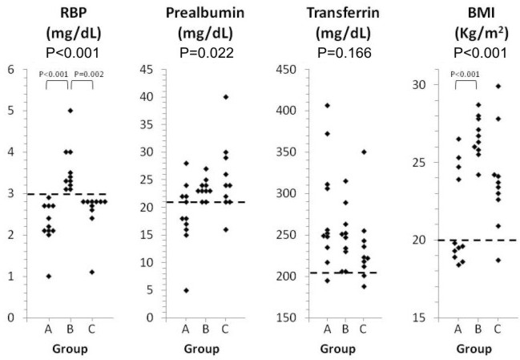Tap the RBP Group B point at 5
click(70, 111)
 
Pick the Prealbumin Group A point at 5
click(186, 290)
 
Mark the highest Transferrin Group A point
click(327, 105)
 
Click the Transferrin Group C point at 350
click(365, 152)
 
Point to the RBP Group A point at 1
click(48, 276)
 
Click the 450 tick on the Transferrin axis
click(296, 69)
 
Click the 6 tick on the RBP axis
click(11, 69)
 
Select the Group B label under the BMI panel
click(477, 329)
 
